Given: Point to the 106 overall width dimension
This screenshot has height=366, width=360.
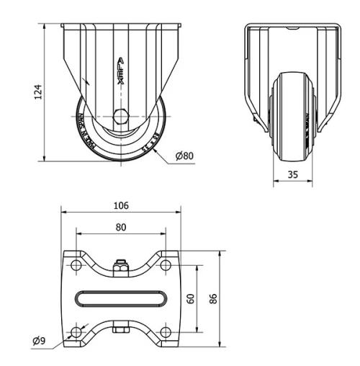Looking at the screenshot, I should click(x=121, y=205).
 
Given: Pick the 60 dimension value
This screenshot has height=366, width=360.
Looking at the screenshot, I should click(x=191, y=298).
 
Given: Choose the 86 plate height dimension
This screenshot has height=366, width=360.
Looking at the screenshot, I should click(x=213, y=298).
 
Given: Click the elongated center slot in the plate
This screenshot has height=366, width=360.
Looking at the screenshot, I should click(x=120, y=298).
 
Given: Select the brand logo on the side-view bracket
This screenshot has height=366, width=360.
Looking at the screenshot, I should click(x=120, y=72).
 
